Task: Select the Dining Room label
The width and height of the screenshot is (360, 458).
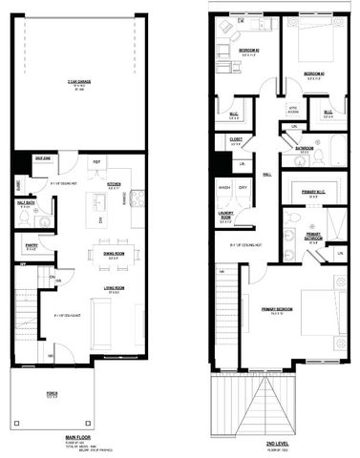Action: coord(114,255)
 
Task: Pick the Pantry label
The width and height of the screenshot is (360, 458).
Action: coord(32,245)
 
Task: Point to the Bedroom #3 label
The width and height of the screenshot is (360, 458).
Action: coord(314,73)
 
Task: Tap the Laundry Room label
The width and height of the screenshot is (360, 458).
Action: coord(226,216)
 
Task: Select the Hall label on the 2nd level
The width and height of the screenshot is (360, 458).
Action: coord(267,175)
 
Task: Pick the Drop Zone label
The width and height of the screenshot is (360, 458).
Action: coord(43,157)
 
